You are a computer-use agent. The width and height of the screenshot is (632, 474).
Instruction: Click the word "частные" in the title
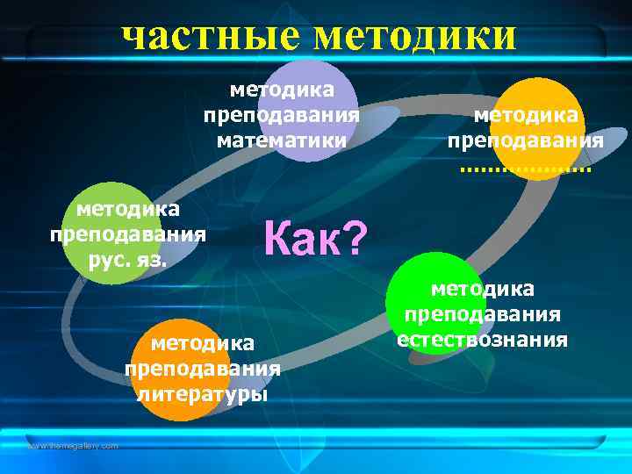[210, 36]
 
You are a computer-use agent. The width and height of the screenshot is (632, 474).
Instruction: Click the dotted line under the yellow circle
[525, 167]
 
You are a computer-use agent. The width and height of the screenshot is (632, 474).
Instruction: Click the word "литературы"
[203, 393]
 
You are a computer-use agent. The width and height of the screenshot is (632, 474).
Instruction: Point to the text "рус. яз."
[128, 260]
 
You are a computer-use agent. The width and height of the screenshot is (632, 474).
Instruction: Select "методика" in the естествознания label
[482, 289]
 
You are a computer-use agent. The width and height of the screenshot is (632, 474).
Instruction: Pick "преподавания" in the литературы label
[203, 368]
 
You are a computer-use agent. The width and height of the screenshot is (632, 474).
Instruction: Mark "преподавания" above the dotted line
[525, 140]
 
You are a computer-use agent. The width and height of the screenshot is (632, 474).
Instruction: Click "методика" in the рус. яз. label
[128, 209]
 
